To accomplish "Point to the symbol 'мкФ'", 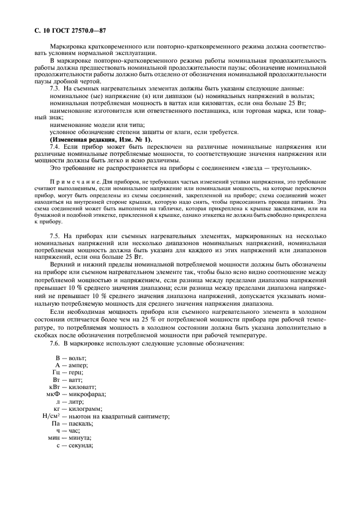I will pyautogui.click(x=53, y=394).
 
